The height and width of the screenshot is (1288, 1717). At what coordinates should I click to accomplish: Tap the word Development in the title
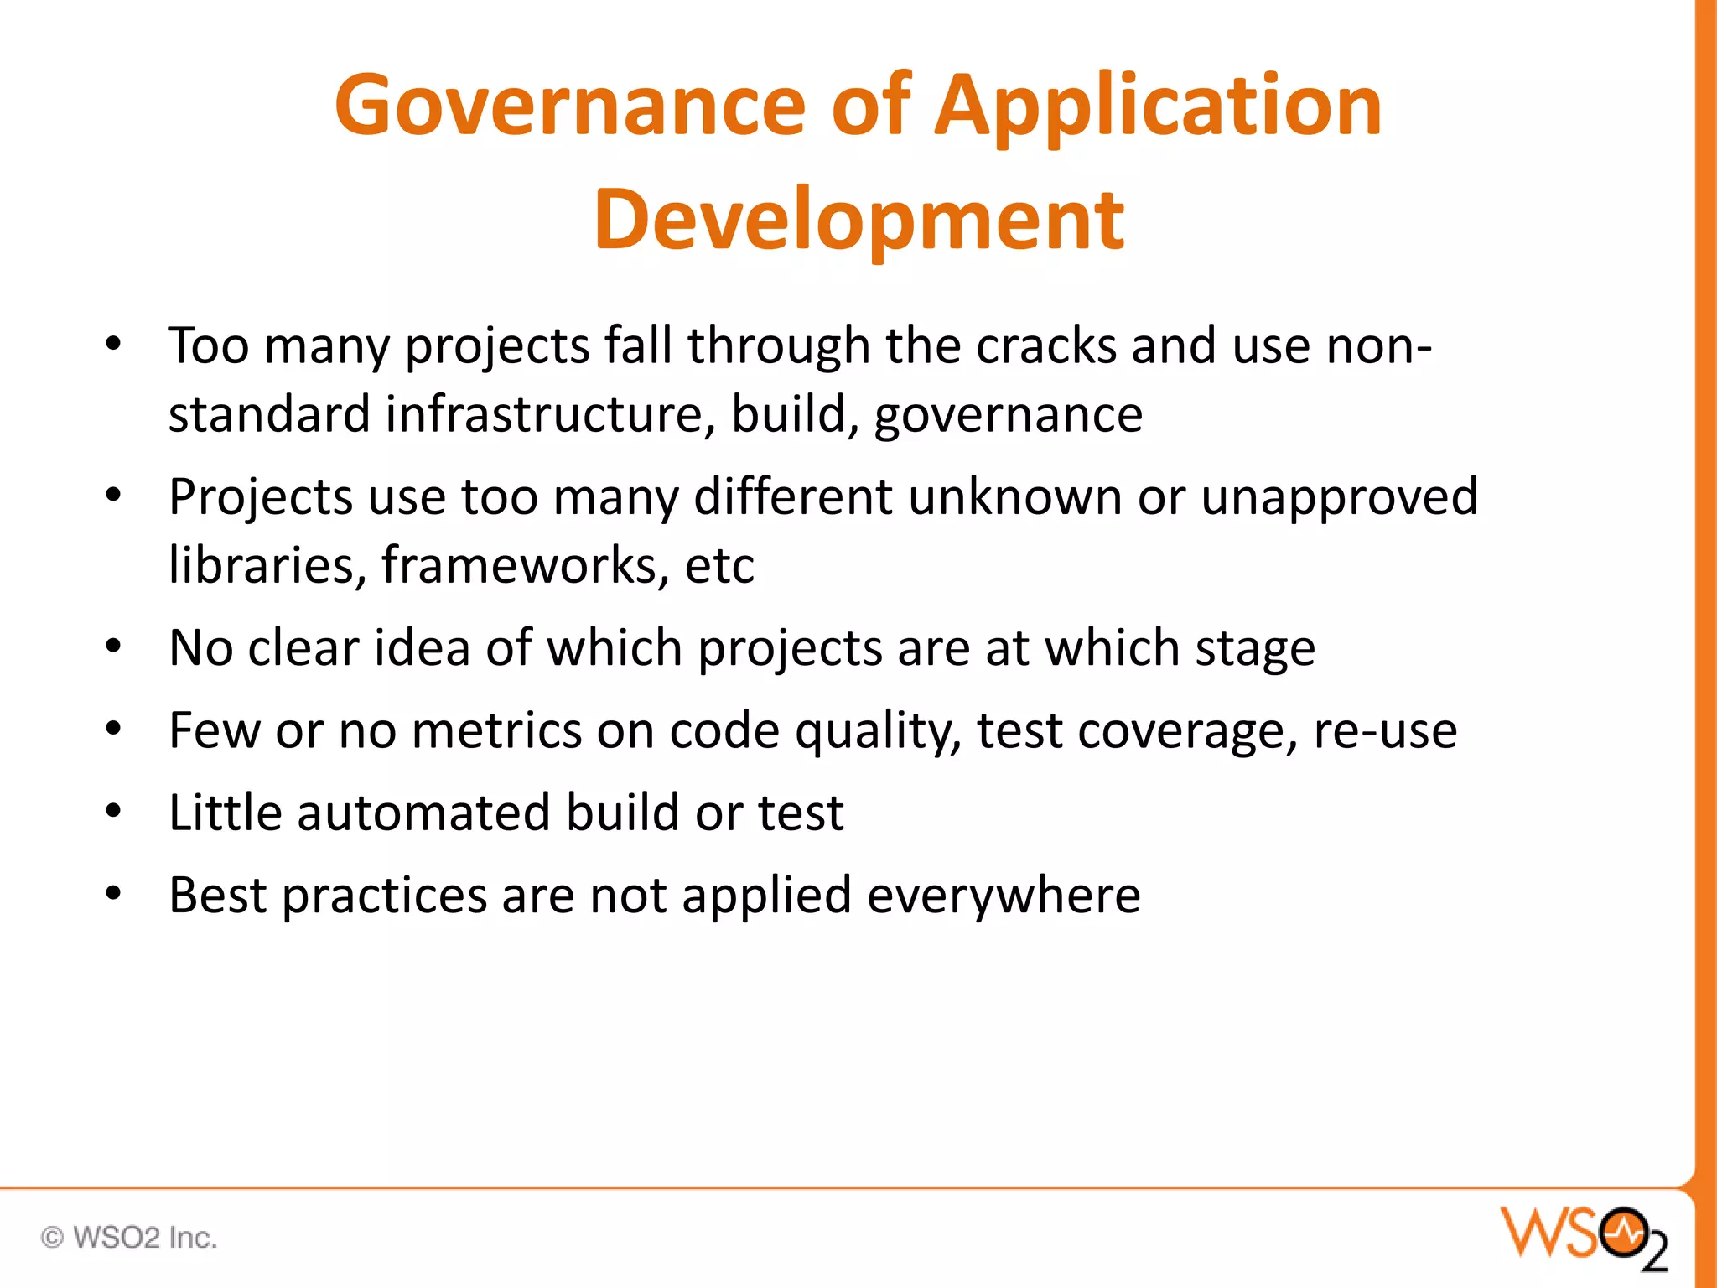(858, 220)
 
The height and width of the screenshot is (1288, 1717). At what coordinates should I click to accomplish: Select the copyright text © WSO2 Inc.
(129, 1238)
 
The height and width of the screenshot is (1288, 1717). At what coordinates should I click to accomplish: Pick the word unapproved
(1339, 498)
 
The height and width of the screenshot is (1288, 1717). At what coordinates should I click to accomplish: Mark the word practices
(384, 896)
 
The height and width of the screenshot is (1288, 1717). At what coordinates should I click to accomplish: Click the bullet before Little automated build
(114, 811)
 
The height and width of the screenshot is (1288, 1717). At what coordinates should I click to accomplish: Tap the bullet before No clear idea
(114, 646)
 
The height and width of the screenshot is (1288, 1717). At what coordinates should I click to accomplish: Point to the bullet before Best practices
(114, 893)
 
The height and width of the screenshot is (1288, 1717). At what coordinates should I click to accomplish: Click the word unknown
(1014, 497)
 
